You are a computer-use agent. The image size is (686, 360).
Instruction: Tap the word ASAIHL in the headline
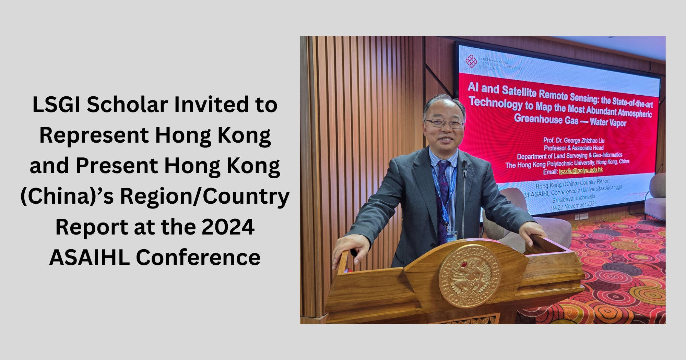pyautogui.click(x=90, y=257)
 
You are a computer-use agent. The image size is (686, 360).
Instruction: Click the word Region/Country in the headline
pyautogui.click(x=204, y=196)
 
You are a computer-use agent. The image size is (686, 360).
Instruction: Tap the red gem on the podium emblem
pyautogui.click(x=464, y=264)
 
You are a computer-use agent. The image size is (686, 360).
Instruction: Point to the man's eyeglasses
pyautogui.click(x=445, y=123)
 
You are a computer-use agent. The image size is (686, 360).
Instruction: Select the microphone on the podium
pyautogui.click(x=465, y=168)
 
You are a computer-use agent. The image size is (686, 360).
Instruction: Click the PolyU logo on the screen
pyautogui.click(x=471, y=62)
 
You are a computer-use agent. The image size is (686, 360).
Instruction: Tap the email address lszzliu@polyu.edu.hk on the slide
pyautogui.click(x=581, y=170)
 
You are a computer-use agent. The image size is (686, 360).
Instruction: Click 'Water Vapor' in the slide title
pyautogui.click(x=608, y=122)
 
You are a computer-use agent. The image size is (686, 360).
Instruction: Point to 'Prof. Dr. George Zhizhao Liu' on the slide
pyautogui.click(x=574, y=140)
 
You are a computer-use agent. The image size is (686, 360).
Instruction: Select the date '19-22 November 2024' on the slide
pyautogui.click(x=573, y=205)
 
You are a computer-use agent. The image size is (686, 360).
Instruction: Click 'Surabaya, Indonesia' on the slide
pyautogui.click(x=574, y=198)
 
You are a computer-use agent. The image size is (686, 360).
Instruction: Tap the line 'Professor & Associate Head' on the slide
pyautogui.click(x=573, y=148)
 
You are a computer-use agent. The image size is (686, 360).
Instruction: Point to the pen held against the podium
pyautogui.click(x=354, y=253)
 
